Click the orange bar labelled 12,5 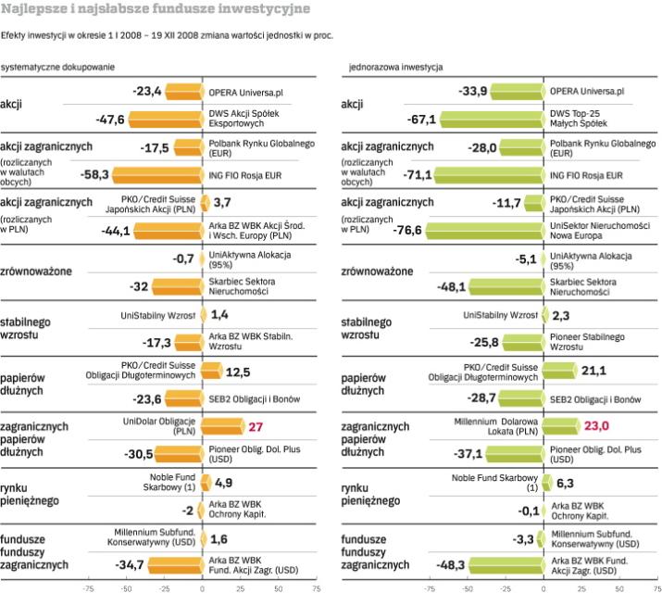212,372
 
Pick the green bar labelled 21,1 559,372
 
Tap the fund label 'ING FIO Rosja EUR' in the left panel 244,174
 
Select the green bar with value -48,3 506,563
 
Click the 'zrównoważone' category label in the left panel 40,273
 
